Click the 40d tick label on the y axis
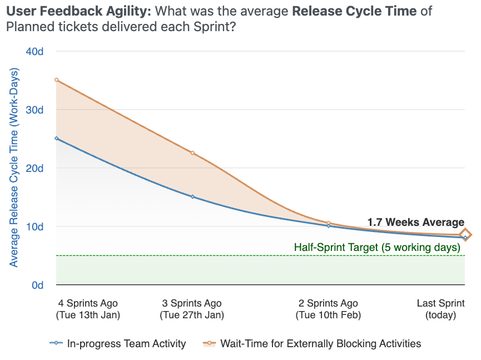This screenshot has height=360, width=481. (x=34, y=51)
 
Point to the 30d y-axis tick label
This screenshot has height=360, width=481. (x=34, y=110)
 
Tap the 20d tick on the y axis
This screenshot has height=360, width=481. (x=34, y=168)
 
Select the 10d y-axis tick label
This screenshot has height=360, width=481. (x=34, y=226)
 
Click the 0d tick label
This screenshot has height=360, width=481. (x=37, y=285)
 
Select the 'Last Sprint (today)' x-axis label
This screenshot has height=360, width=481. (x=440, y=309)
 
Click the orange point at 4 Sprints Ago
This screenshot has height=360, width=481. (x=57, y=80)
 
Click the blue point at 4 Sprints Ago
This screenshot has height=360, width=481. (x=57, y=139)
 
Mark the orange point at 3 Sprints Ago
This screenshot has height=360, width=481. (x=192, y=153)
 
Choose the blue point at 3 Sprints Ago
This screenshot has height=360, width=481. (x=192, y=196)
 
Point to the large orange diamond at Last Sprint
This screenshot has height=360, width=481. (x=465, y=235)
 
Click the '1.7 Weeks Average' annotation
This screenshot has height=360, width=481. (x=415, y=223)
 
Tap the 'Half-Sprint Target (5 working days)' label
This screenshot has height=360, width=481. (x=377, y=247)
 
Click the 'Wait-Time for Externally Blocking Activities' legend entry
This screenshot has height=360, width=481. (x=320, y=344)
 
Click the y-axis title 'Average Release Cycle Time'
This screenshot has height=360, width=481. (x=14, y=167)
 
